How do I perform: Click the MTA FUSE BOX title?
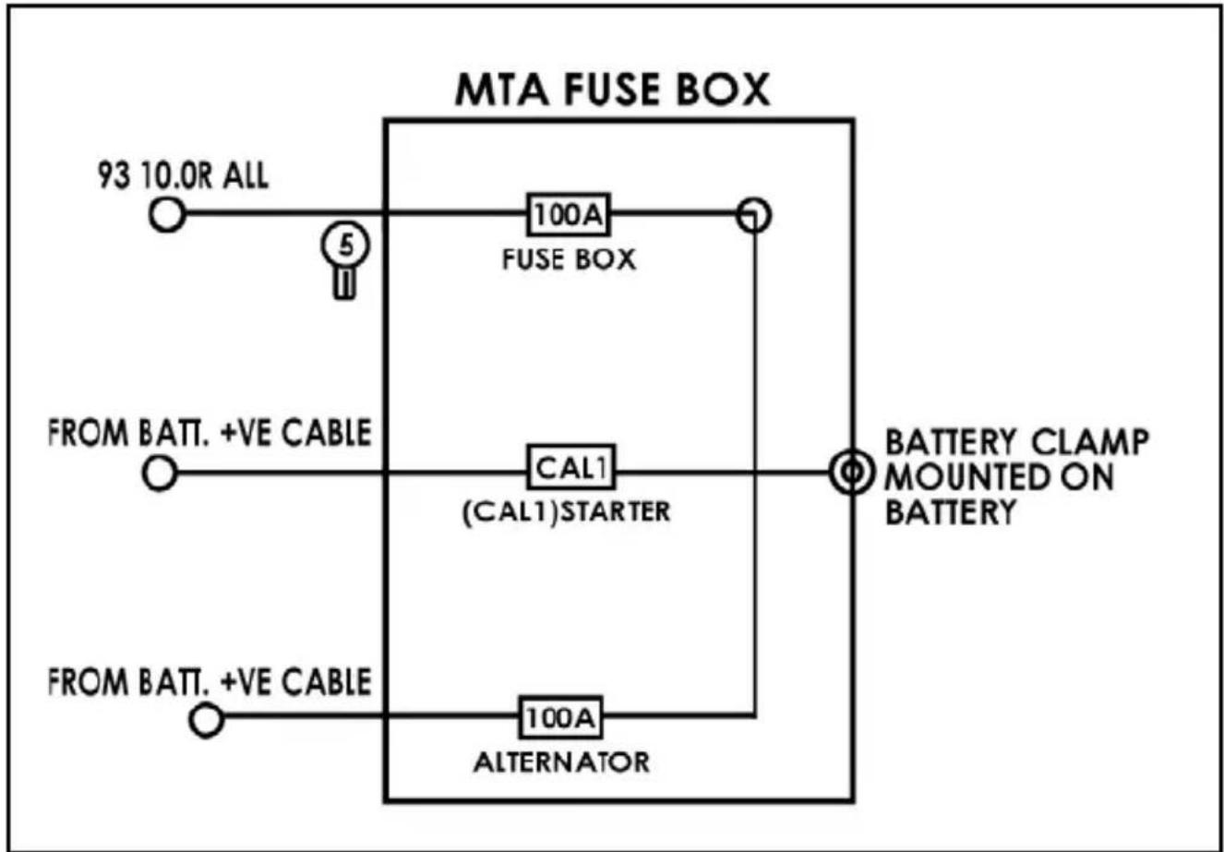tap(612, 90)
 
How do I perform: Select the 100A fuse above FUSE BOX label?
tap(569, 214)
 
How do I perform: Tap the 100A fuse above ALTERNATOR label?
tap(560, 717)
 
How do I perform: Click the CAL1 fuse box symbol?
tap(571, 467)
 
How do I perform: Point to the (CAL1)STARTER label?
tap(566, 512)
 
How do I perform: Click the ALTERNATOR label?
tap(562, 762)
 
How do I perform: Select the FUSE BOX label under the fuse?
tap(569, 259)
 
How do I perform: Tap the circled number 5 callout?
tap(345, 245)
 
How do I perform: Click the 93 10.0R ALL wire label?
tap(183, 175)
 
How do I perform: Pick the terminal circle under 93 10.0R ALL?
tap(167, 214)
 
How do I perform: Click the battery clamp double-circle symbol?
tap(851, 471)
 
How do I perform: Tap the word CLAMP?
tap(1091, 442)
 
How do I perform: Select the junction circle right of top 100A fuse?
tap(754, 214)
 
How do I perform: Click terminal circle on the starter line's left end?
tap(160, 474)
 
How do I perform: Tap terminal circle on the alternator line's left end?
tap(207, 720)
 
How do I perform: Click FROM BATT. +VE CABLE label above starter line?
tap(210, 433)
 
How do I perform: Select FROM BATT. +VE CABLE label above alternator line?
tap(210, 682)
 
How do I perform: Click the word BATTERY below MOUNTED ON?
tap(950, 512)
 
